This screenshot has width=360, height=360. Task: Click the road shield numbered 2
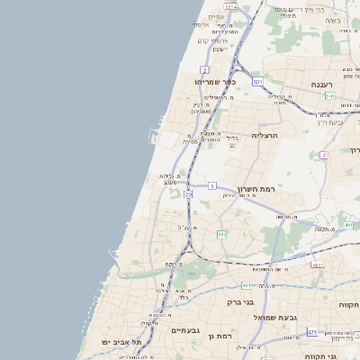coord(205,69)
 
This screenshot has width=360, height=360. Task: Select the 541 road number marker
coord(330,95)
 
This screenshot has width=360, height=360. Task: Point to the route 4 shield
coord(323,155)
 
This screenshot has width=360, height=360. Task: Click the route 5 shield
coord(211,185)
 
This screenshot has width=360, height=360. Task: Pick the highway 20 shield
coord(188,193)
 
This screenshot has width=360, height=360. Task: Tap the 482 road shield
coord(221,234)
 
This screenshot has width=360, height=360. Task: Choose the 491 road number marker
coord(348,225)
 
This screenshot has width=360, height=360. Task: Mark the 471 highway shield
coord(311,332)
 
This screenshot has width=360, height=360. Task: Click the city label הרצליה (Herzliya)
coord(266,135)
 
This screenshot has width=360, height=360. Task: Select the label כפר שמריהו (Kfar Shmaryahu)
coord(214,82)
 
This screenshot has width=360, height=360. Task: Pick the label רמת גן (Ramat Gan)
coord(219,336)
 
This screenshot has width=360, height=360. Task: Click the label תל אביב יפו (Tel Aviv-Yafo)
coord(122,343)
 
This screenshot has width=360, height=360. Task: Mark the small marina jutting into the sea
coord(154,138)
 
